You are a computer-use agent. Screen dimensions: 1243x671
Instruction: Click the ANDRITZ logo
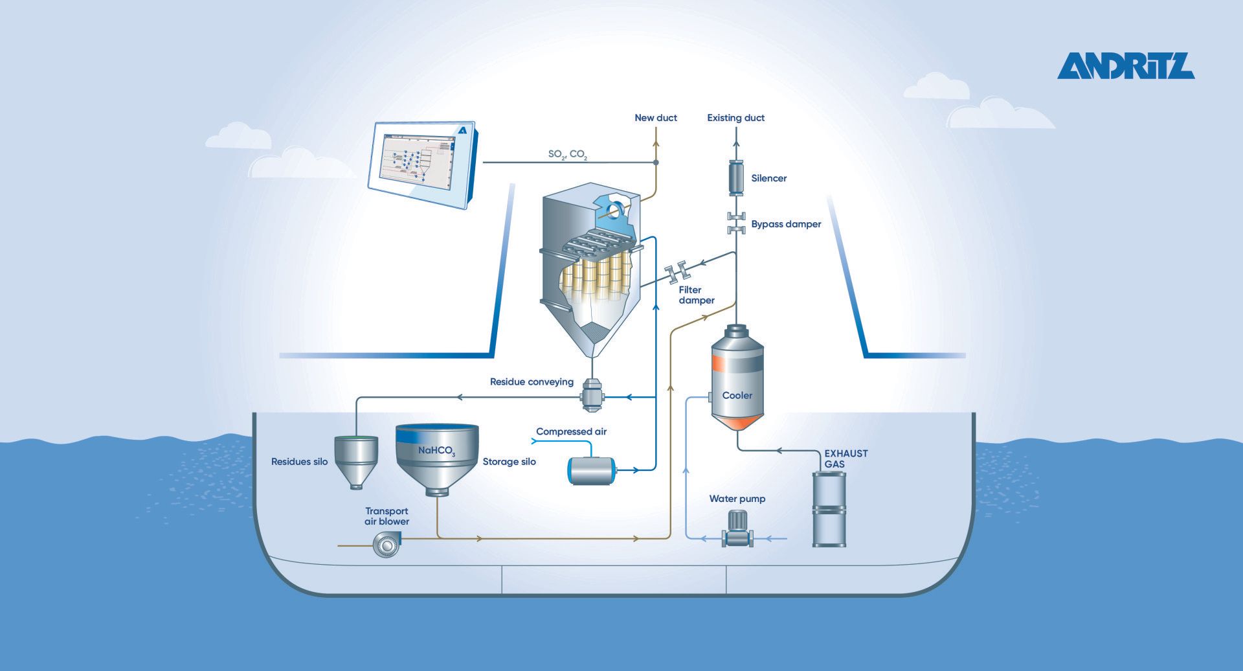coord(1126,66)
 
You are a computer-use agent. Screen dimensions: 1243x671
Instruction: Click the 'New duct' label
coord(656,118)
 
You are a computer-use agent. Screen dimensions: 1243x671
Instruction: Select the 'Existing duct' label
coord(735,118)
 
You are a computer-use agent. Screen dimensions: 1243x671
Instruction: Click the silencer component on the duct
coord(736,178)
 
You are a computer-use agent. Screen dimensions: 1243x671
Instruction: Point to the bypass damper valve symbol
coord(736,223)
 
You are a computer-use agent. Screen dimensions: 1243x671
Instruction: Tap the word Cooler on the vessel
coord(737,395)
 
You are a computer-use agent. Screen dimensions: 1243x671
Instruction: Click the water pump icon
coord(737,529)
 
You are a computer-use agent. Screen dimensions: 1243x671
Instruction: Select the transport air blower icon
coord(387,545)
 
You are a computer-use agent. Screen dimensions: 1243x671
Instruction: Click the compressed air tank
coord(591,471)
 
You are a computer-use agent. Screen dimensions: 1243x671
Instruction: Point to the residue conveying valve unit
coord(592,396)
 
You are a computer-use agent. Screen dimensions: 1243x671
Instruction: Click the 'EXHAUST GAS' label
coord(845,459)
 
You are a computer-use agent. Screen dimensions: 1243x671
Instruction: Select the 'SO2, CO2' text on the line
coord(568,155)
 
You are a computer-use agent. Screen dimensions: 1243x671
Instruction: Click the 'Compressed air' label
coord(571,431)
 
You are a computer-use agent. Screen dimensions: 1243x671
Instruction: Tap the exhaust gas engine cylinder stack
coord(829,509)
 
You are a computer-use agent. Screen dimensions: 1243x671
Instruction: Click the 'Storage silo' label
coord(510,462)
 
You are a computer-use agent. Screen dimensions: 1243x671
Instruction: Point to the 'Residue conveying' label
coord(532,382)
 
